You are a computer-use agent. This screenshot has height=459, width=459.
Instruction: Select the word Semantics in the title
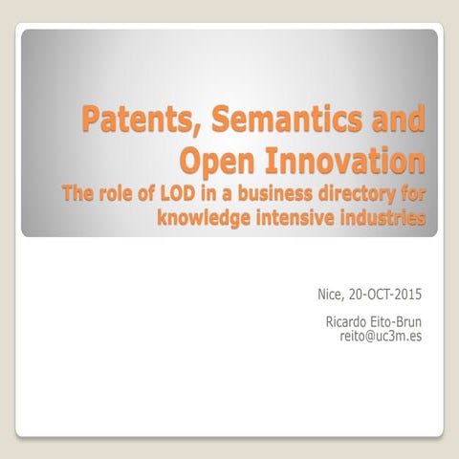point(282,121)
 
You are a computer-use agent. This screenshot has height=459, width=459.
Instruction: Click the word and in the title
point(396,121)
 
